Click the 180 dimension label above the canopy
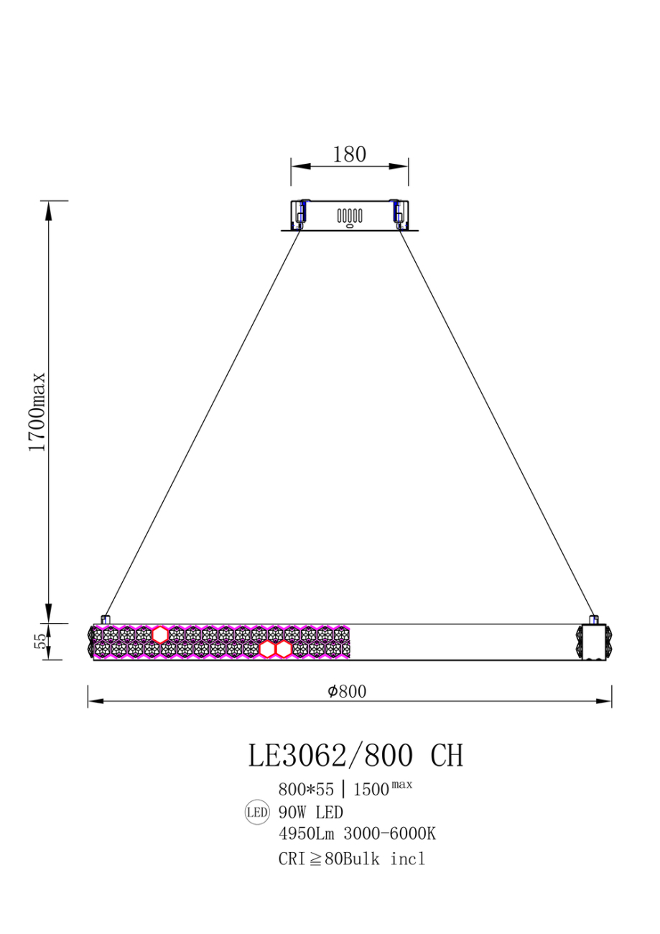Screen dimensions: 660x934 coord(349,154)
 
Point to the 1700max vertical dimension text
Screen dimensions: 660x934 coord(36,412)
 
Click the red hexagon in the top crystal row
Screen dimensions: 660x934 coord(160,634)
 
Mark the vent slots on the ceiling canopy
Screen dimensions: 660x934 coord(350,216)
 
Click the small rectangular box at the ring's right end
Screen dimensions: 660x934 coord(594,642)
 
